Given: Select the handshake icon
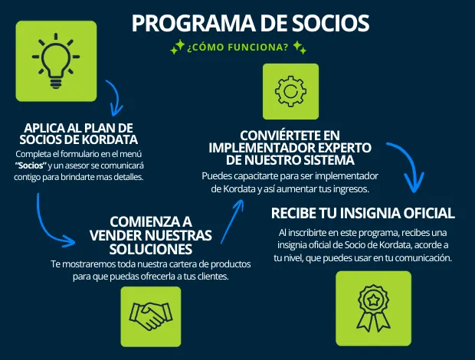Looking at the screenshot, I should coord(150,316).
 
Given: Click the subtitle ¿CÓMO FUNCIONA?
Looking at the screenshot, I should coord(237,49).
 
